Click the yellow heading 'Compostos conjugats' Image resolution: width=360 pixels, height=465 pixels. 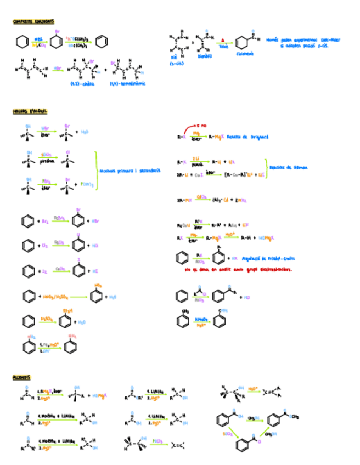pyautogui.click(x=33, y=22)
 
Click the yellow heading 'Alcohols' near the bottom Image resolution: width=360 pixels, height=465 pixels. pyautogui.click(x=22, y=378)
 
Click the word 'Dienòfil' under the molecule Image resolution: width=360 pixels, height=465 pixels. pyautogui.click(x=204, y=55)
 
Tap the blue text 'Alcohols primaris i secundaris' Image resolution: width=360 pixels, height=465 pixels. pyautogui.click(x=130, y=171)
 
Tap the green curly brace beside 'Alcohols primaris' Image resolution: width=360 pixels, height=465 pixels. pyautogui.click(x=96, y=171)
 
